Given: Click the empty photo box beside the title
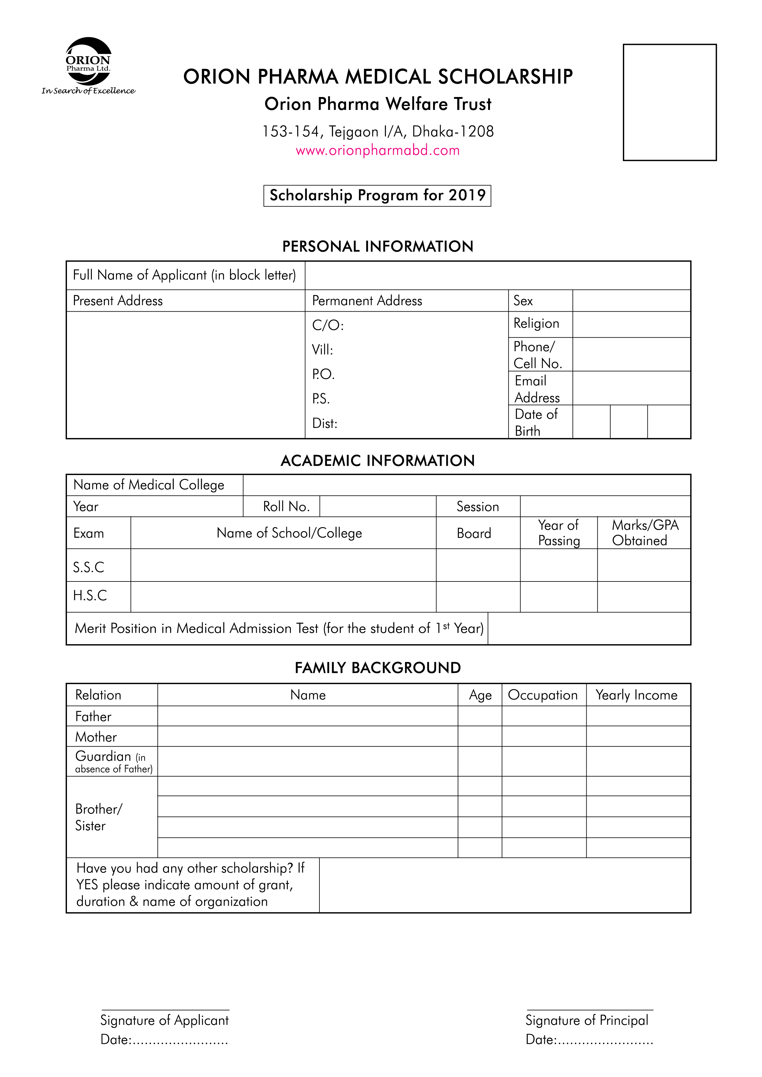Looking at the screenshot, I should [x=669, y=102].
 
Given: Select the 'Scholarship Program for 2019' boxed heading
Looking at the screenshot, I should [x=377, y=196].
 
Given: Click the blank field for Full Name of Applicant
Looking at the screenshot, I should [x=497, y=275].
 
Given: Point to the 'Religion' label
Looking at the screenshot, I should [x=536, y=324].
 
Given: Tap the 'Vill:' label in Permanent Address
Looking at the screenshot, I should [x=322, y=350].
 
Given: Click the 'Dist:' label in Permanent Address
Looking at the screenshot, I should [x=325, y=424].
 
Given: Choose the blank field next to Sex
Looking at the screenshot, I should [x=631, y=301].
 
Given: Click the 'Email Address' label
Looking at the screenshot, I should [x=537, y=389].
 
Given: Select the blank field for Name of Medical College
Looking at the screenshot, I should [x=467, y=485].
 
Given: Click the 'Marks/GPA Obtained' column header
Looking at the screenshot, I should [x=645, y=533].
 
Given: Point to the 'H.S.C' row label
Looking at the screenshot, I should [x=90, y=596].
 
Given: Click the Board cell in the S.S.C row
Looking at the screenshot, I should [x=478, y=565].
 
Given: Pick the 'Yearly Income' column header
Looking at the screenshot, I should [x=636, y=695].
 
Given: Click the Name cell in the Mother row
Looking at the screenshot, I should [x=307, y=737].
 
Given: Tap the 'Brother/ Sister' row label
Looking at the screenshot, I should [x=99, y=817].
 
